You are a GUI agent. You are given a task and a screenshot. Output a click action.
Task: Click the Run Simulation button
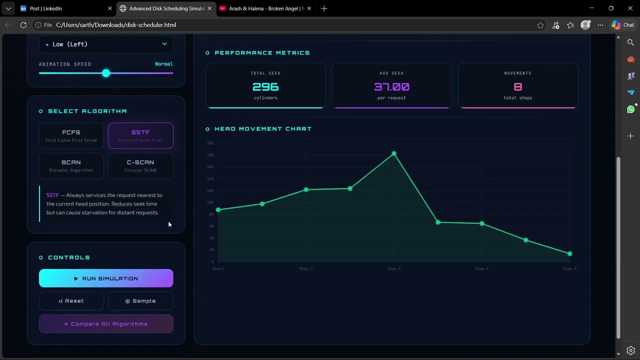click(106, 278)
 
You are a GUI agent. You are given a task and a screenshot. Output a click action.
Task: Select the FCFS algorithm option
click(71, 135)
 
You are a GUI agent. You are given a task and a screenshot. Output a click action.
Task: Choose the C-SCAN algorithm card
click(140, 165)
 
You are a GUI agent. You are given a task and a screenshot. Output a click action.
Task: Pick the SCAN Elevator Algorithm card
click(71, 165)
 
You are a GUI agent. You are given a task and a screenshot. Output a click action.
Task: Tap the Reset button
click(71, 301)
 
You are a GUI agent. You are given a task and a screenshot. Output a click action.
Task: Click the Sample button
click(140, 301)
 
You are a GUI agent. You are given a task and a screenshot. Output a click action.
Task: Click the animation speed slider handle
click(106, 73)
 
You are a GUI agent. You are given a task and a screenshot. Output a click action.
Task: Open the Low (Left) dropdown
click(106, 44)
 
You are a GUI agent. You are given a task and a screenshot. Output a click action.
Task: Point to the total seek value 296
click(265, 87)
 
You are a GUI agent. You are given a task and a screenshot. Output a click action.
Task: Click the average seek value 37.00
click(391, 87)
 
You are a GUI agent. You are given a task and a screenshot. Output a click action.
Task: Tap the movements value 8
click(518, 87)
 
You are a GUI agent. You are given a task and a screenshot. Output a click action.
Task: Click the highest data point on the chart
click(394, 153)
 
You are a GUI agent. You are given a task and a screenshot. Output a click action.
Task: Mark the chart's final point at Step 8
click(569, 254)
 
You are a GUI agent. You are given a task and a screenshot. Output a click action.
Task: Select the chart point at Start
click(218, 210)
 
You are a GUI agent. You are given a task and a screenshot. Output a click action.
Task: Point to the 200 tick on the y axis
click(210, 143)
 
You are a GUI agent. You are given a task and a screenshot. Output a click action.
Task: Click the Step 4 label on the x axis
click(394, 269)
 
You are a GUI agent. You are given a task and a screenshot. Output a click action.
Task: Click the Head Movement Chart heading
click(262, 129)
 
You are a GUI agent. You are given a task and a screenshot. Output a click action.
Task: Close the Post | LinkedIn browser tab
click(110, 8)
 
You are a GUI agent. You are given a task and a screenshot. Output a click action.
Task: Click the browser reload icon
click(23, 25)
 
